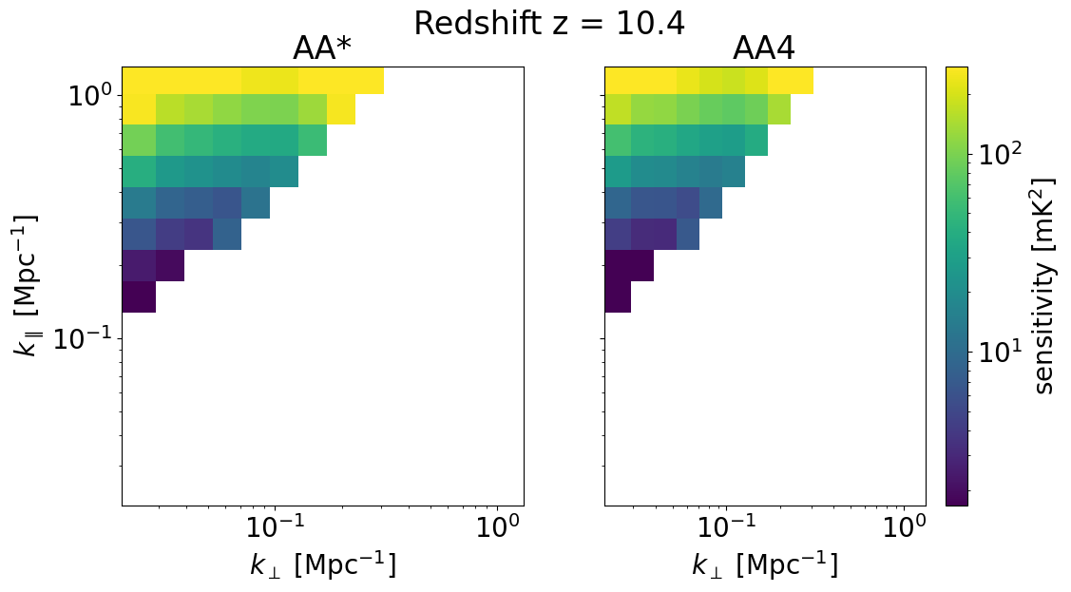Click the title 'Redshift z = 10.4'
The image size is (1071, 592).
point(548,24)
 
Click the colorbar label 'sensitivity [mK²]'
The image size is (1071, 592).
point(1044,287)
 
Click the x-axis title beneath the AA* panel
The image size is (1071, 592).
point(323,564)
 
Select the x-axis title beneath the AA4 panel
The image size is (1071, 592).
point(765,564)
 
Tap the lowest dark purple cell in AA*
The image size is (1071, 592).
point(139,296)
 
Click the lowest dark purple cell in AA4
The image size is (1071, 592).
point(618,296)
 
